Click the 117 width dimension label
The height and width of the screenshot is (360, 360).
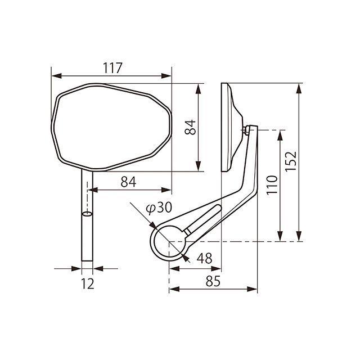pyautogui.click(x=112, y=68)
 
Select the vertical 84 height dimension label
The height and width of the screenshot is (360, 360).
pyautogui.click(x=190, y=127)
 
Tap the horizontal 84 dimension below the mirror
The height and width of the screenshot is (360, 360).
pyautogui.click(x=128, y=182)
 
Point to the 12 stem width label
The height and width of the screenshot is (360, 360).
pyautogui.click(x=88, y=283)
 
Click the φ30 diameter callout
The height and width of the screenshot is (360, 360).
pyautogui.click(x=159, y=208)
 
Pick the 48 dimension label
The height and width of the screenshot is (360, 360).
pyautogui.click(x=204, y=258)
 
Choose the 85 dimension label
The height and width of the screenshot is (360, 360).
pyautogui.click(x=213, y=281)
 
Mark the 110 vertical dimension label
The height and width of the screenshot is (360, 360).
pyautogui.click(x=272, y=185)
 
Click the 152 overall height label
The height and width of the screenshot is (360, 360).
pyautogui.click(x=291, y=161)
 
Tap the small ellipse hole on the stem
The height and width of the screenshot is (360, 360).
pyautogui.click(x=87, y=214)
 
